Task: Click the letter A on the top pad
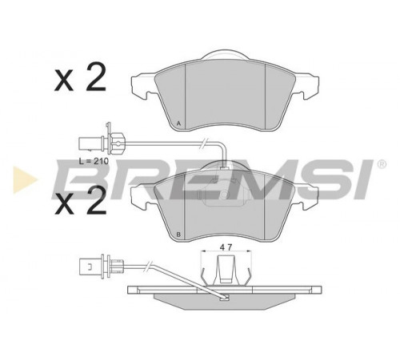(179, 123)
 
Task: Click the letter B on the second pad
(179, 234)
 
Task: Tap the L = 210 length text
(94, 161)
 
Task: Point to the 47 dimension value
(226, 247)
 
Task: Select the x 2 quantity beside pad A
(80, 77)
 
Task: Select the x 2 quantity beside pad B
(80, 200)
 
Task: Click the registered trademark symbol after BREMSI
(382, 164)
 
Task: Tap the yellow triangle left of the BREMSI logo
(26, 179)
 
